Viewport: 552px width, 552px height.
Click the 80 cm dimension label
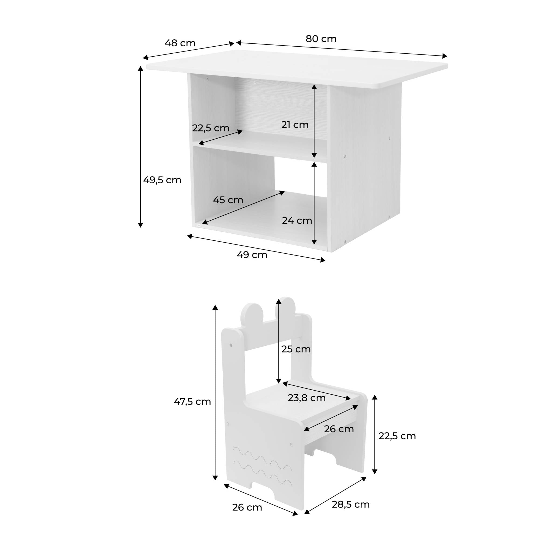pyautogui.click(x=321, y=39)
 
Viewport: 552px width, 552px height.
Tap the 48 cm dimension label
pyautogui.click(x=180, y=43)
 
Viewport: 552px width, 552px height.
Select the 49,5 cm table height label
pyautogui.click(x=162, y=180)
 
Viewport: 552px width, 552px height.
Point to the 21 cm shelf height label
pyautogui.click(x=295, y=125)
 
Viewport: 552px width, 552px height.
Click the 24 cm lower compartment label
pyautogui.click(x=297, y=220)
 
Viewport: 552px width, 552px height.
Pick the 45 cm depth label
pyautogui.click(x=228, y=200)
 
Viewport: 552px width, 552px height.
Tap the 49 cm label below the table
pyautogui.click(x=252, y=255)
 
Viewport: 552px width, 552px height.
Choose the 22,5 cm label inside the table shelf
pyautogui.click(x=211, y=128)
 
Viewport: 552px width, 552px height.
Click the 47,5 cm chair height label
pyautogui.click(x=192, y=401)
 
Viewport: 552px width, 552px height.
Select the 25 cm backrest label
pyautogui.click(x=296, y=349)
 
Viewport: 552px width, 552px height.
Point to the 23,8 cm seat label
pyautogui.click(x=306, y=398)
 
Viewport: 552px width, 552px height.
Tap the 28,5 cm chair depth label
pyautogui.click(x=351, y=504)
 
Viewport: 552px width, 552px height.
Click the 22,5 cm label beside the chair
pyautogui.click(x=397, y=436)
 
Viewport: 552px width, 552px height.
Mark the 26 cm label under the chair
pyautogui.click(x=247, y=507)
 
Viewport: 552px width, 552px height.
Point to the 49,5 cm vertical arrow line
pyautogui.click(x=140, y=147)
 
